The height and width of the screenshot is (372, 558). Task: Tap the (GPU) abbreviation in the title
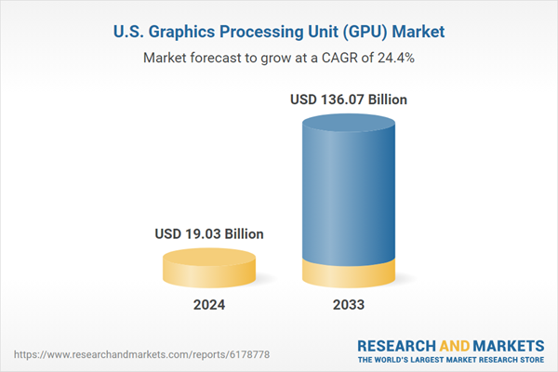[x=359, y=31]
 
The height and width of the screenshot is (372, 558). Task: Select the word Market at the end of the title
[x=414, y=31]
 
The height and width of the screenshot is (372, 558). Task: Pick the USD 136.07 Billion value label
[x=349, y=99]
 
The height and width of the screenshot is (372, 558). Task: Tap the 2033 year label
[x=349, y=305]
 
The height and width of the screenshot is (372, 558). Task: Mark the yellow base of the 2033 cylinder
[x=349, y=274]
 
